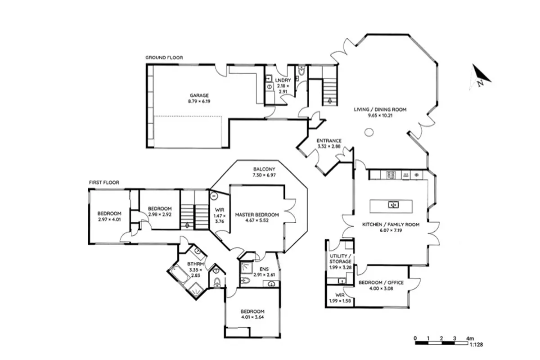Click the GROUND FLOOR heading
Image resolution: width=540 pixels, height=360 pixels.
[164, 58]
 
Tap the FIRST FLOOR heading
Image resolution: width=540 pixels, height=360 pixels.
[104, 183]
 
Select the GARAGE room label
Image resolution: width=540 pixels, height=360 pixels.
[199, 95]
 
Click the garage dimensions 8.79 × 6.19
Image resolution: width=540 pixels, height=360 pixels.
[199, 101]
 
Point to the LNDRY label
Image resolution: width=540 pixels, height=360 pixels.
[283, 80]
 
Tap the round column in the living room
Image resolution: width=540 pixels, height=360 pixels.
[369, 132]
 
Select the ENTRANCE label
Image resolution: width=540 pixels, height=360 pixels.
[329, 140]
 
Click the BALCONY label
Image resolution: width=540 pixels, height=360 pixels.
[264, 169]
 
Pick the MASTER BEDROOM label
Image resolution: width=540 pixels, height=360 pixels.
[257, 215]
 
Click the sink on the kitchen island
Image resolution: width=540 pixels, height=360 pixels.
[393, 205]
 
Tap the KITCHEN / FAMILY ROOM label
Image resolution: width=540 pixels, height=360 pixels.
[391, 225]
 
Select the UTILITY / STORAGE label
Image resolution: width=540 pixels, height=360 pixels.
[340, 259]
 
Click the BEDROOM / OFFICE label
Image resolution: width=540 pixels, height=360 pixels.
[381, 283]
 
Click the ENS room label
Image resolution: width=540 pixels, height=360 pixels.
[264, 269]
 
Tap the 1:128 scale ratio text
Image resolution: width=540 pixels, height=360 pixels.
[477, 345]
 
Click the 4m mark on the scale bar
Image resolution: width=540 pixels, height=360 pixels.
[470, 338]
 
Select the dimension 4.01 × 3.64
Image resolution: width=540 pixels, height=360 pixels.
[252, 317]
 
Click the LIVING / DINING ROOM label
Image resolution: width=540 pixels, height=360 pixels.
[380, 109]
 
